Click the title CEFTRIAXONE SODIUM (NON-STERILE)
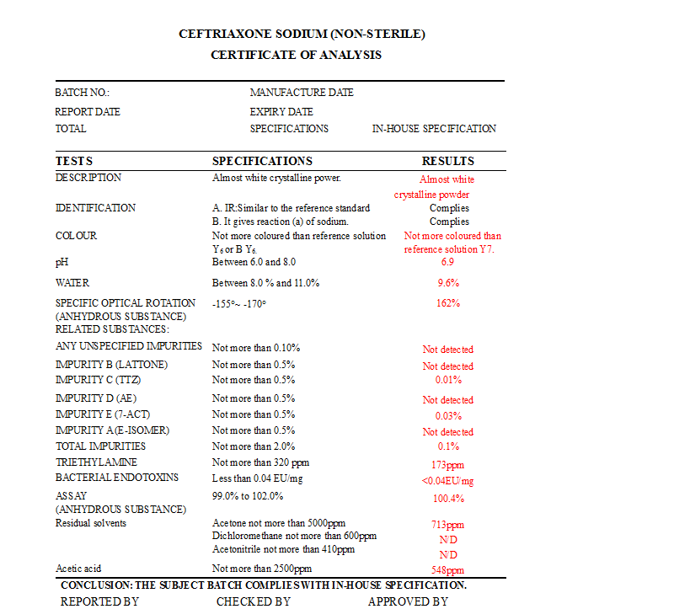click(302, 35)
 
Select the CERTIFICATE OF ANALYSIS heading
click(296, 56)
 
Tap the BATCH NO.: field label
click(83, 93)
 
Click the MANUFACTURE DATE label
click(302, 93)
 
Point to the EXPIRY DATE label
click(281, 112)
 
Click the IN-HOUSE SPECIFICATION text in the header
click(434, 129)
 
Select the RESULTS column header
click(447, 161)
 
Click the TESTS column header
click(74, 161)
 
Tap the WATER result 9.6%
click(447, 284)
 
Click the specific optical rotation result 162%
click(447, 303)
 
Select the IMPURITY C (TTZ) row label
click(99, 380)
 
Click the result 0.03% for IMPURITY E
click(447, 416)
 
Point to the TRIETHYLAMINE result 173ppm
click(447, 465)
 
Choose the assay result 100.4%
click(447, 498)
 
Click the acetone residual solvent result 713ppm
click(447, 525)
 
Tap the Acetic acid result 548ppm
click(447, 570)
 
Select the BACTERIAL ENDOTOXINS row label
click(117, 478)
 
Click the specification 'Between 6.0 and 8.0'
click(254, 263)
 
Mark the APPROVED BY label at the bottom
click(408, 601)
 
